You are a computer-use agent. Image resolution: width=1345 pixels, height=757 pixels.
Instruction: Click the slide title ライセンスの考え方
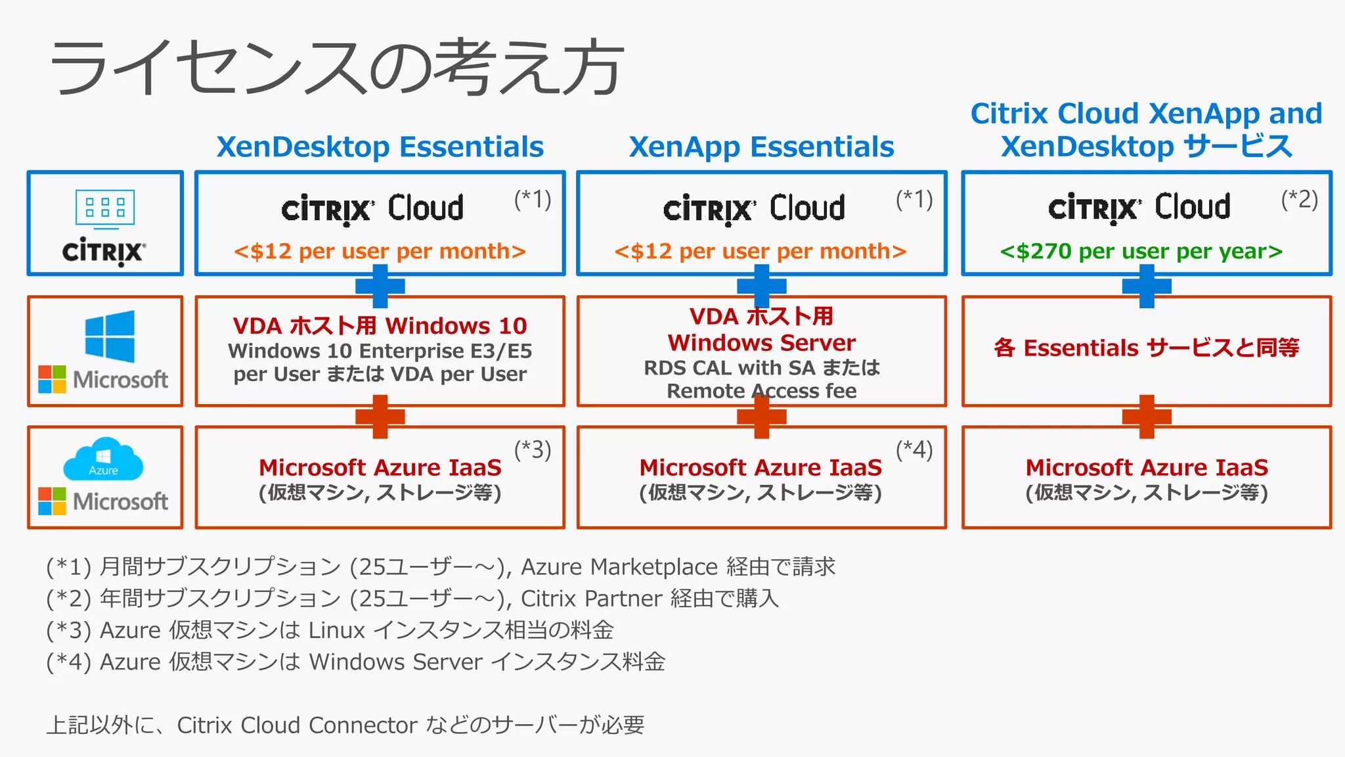[336, 67]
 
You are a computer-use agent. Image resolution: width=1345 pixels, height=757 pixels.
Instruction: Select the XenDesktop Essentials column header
[380, 147]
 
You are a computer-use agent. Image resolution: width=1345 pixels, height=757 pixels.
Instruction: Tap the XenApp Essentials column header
[761, 147]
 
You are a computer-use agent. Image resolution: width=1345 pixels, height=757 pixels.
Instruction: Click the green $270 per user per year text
[1141, 251]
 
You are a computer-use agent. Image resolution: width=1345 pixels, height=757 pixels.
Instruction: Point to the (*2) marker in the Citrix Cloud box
[1299, 199]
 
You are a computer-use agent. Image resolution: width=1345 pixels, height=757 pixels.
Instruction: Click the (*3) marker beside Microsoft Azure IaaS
[532, 450]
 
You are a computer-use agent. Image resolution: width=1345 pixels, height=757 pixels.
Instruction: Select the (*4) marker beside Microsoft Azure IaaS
[914, 450]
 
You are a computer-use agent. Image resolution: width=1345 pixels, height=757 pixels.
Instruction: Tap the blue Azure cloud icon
[103, 459]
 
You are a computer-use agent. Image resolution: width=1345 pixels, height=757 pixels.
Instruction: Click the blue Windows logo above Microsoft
[110, 336]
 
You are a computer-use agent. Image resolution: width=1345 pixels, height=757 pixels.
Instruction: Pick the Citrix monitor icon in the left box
[105, 209]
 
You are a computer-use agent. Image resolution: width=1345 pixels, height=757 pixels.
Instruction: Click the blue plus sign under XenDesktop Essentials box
[380, 286]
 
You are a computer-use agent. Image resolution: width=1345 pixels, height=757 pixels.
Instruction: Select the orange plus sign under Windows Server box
[761, 416]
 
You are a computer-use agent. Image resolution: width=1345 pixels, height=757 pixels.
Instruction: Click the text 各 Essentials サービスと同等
[1146, 348]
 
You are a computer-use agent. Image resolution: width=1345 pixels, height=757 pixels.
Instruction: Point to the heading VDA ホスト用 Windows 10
[380, 325]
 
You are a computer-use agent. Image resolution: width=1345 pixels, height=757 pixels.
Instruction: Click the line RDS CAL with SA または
[761, 367]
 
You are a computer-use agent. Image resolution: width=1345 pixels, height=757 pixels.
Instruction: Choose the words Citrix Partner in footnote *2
[591, 599]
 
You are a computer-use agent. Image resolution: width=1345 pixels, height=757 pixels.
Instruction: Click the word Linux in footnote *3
[336, 630]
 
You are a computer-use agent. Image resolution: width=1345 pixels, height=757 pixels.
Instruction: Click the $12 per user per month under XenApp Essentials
[760, 251]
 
